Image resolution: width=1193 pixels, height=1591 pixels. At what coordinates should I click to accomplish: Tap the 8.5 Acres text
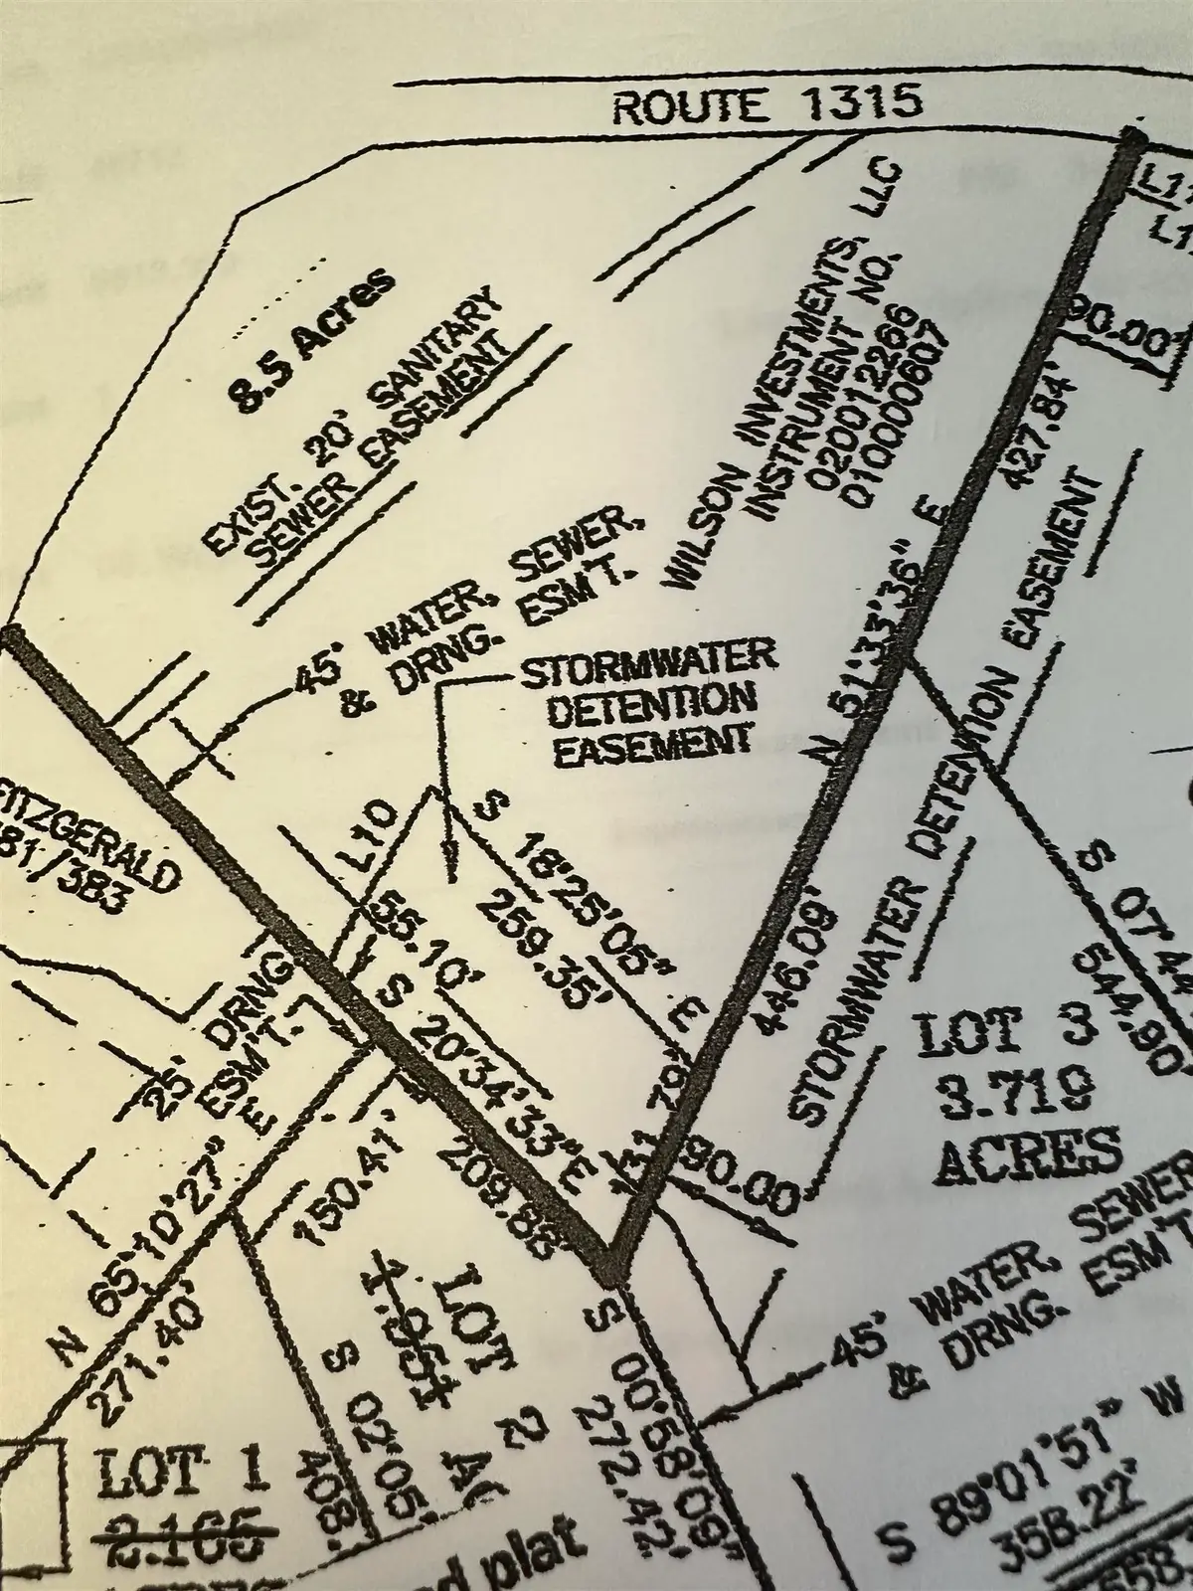click(310, 338)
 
